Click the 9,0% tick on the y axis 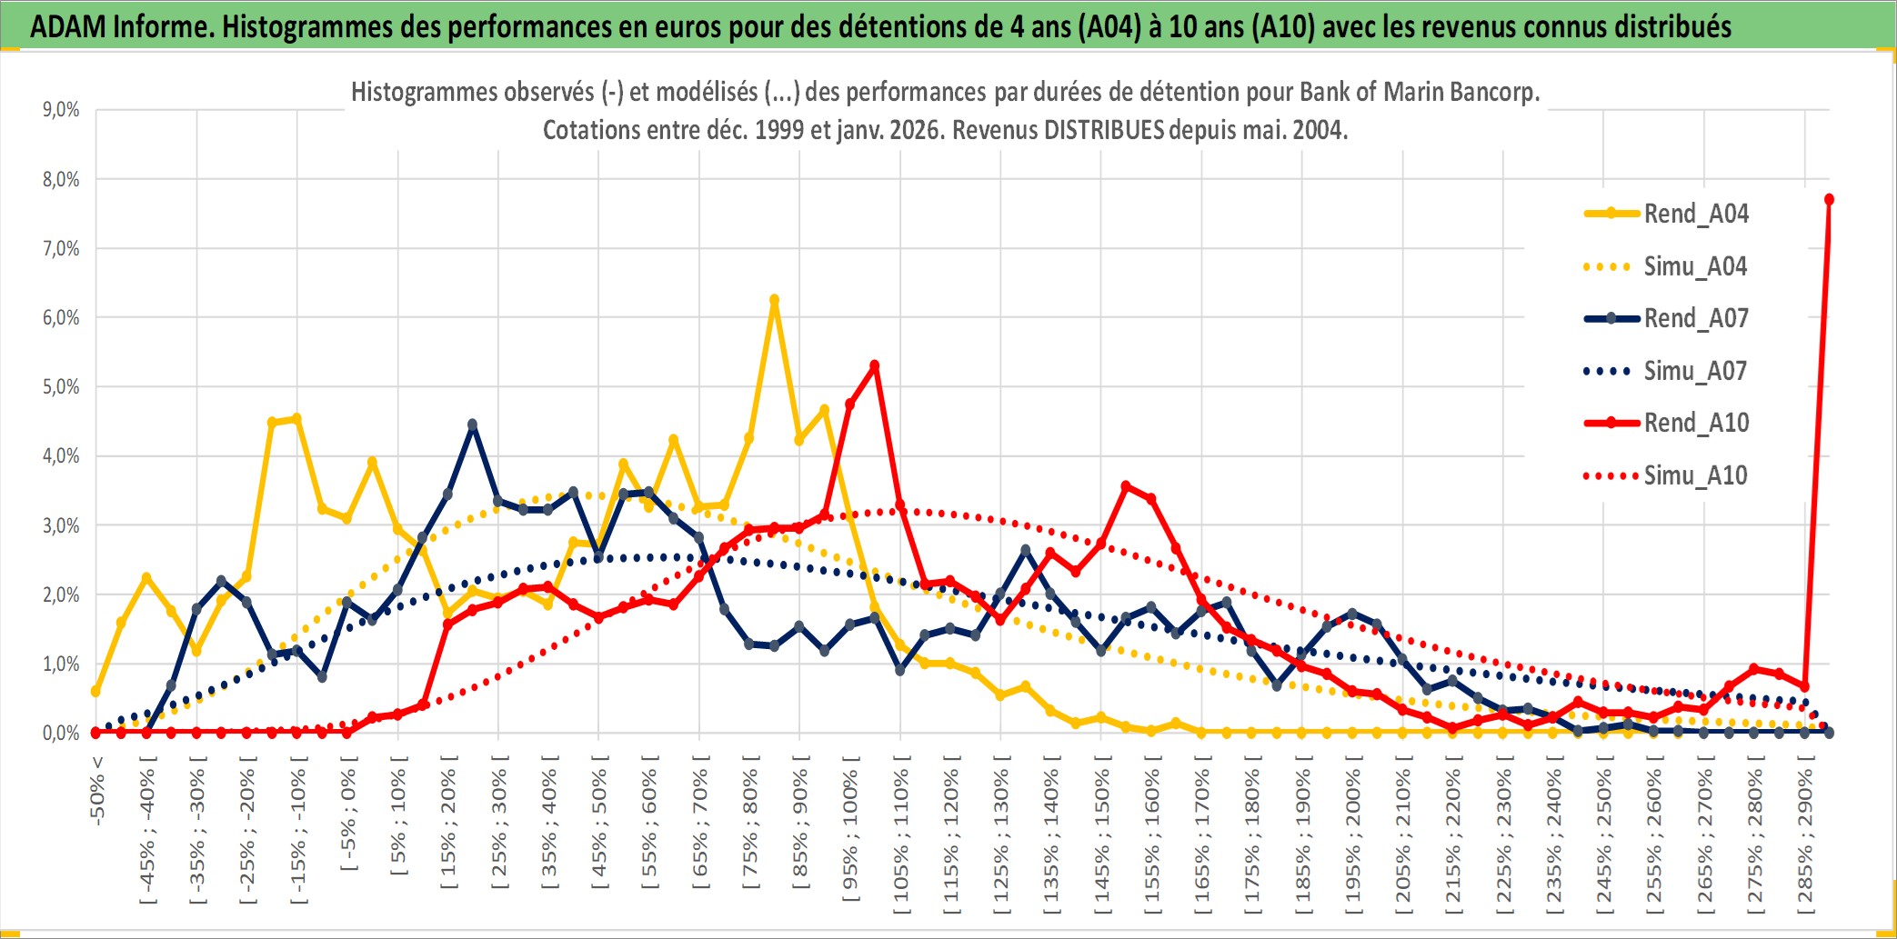pyautogui.click(x=61, y=110)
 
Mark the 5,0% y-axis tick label pyautogui.click(x=61, y=387)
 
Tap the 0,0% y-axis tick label pyautogui.click(x=61, y=733)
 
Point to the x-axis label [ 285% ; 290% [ pyautogui.click(x=1805, y=841)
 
